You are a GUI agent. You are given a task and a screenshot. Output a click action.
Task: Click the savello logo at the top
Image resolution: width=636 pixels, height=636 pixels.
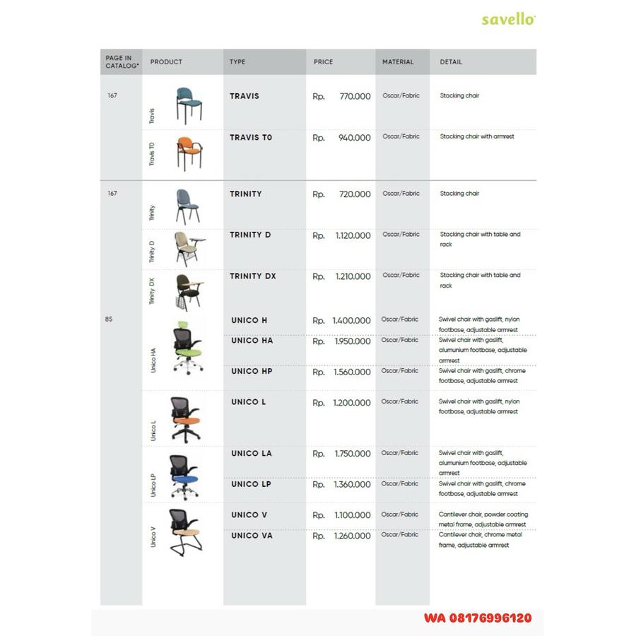508,19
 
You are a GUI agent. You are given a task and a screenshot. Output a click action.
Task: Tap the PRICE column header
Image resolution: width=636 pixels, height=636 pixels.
323,62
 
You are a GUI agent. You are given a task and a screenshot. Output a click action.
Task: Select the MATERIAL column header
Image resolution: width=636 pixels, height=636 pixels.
398,62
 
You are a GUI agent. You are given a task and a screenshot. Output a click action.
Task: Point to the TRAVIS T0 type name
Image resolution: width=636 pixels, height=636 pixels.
251,137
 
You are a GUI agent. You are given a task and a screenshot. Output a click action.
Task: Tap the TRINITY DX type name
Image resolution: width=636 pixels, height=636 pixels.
252,276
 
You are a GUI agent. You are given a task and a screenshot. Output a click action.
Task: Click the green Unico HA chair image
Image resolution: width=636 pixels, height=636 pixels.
186,346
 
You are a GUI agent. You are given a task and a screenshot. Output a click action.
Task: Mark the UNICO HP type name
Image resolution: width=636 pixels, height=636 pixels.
252,372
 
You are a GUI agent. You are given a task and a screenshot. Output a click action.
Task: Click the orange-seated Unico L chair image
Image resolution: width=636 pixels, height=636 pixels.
185,418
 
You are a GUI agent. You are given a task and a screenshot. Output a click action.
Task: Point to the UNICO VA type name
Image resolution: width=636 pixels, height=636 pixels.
252,536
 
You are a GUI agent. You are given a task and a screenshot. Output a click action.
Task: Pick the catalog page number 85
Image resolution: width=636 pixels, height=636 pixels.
109,319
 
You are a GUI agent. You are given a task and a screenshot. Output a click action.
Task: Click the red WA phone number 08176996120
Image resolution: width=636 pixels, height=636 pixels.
478,618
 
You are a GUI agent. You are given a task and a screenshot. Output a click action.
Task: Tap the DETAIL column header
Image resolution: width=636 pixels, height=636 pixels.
451,62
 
